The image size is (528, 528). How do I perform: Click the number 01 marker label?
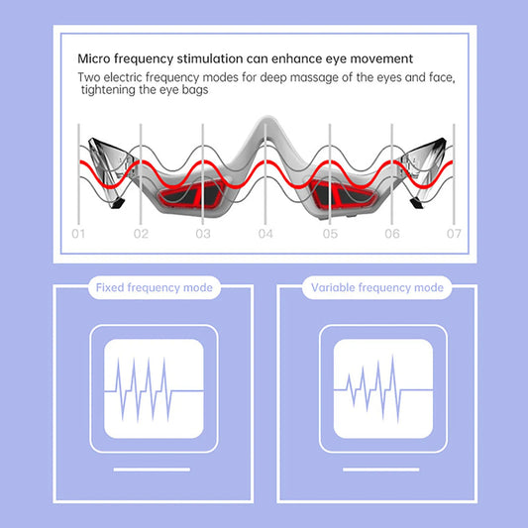tap(79, 235)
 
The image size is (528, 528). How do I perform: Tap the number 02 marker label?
tap(142, 235)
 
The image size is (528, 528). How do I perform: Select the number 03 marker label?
tap(203, 235)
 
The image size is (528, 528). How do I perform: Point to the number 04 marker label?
tap(265, 235)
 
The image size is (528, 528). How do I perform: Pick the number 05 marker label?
tap(330, 235)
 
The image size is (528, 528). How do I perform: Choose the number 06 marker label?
tap(392, 235)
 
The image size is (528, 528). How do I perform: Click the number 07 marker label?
tap(454, 235)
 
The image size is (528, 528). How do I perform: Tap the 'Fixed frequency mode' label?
tap(152, 288)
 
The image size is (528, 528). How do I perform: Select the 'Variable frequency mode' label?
tap(377, 288)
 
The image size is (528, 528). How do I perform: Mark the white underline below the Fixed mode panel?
tap(152, 469)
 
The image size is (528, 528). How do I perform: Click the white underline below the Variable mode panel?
tap(377, 469)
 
